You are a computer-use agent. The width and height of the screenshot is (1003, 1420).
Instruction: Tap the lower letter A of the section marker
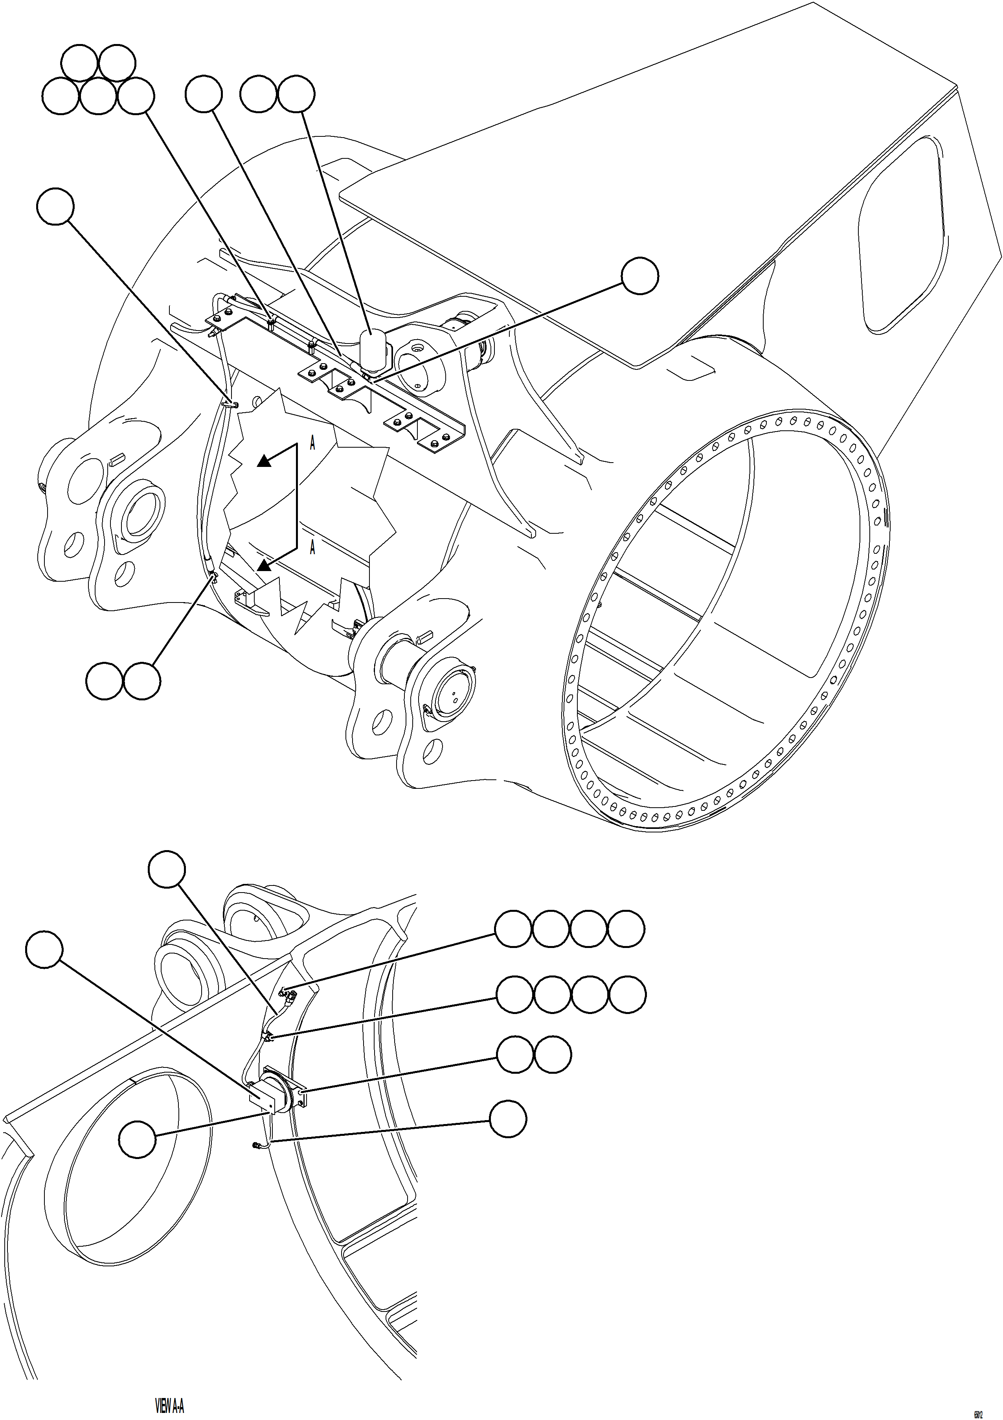click(x=312, y=547)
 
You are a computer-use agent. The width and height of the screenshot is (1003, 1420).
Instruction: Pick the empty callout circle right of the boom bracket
click(x=639, y=277)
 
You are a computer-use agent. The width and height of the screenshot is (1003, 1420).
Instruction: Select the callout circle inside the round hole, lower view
click(x=137, y=1139)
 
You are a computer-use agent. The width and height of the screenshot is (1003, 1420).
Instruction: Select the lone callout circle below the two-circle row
click(x=508, y=1118)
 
